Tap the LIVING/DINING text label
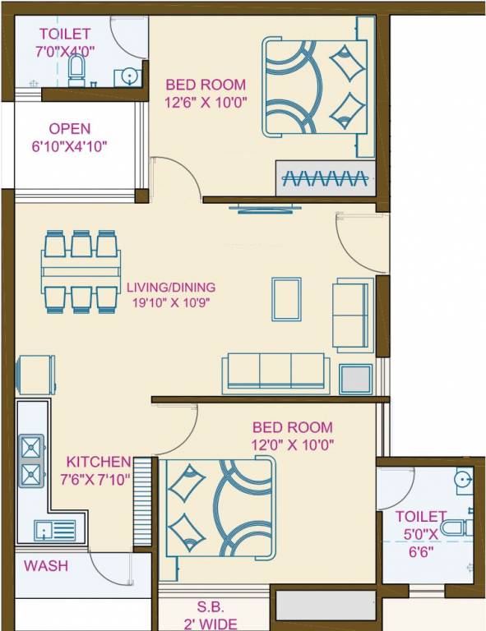[171, 288]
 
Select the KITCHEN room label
[99, 462]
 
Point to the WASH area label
[46, 566]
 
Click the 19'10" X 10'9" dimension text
[171, 302]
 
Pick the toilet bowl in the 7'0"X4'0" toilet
[76, 69]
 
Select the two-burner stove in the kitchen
[31, 461]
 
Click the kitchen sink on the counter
[54, 530]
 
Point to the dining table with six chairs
[79, 270]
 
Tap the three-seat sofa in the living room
[275, 372]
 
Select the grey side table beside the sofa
[355, 378]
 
